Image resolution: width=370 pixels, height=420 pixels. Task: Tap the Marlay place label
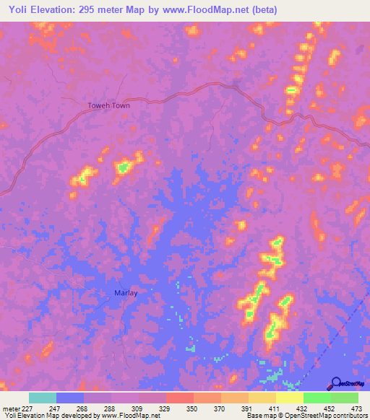click(126, 292)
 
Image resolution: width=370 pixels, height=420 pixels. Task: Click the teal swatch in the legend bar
click(43, 398)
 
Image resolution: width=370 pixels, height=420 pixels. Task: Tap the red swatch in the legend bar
click(180, 398)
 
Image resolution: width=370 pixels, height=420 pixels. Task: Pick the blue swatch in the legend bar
click(70, 398)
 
